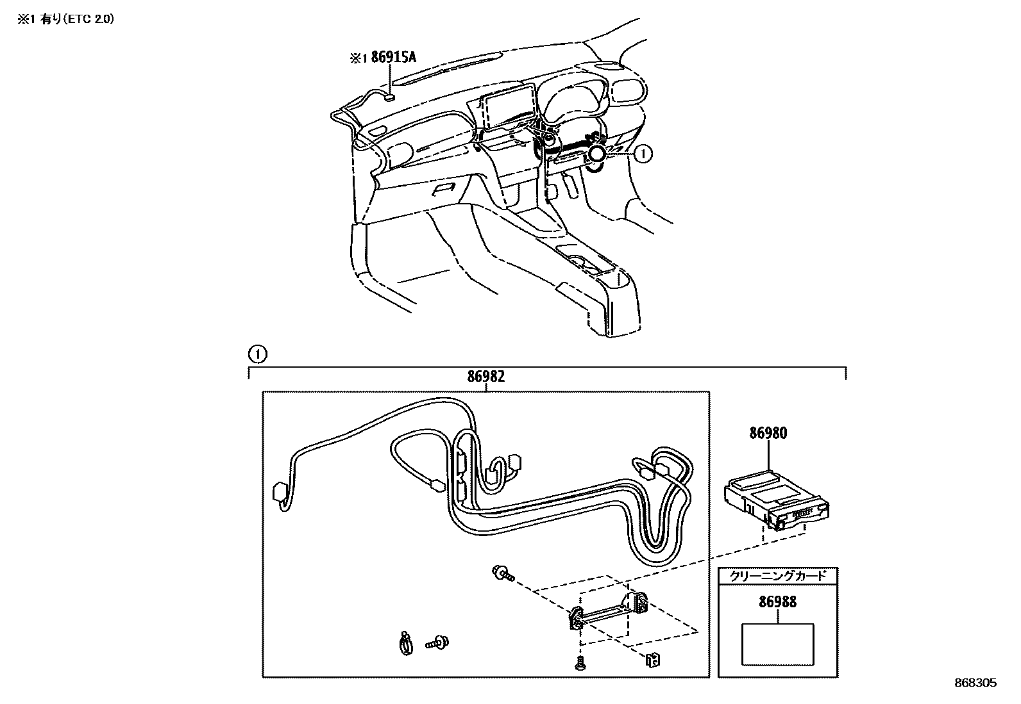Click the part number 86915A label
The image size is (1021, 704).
coord(393,58)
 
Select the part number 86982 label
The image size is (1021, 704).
coord(485,377)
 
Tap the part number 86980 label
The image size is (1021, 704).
coord(768,433)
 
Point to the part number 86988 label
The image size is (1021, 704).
coord(777,602)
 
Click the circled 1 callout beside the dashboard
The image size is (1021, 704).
coord(643,153)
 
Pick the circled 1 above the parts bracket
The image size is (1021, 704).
coord(257,354)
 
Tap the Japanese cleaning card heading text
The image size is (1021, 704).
coord(778,576)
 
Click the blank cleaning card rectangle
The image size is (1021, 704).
coord(777,644)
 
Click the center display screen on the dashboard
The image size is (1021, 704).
coord(509,110)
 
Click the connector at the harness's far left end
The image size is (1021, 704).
coord(280,493)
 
